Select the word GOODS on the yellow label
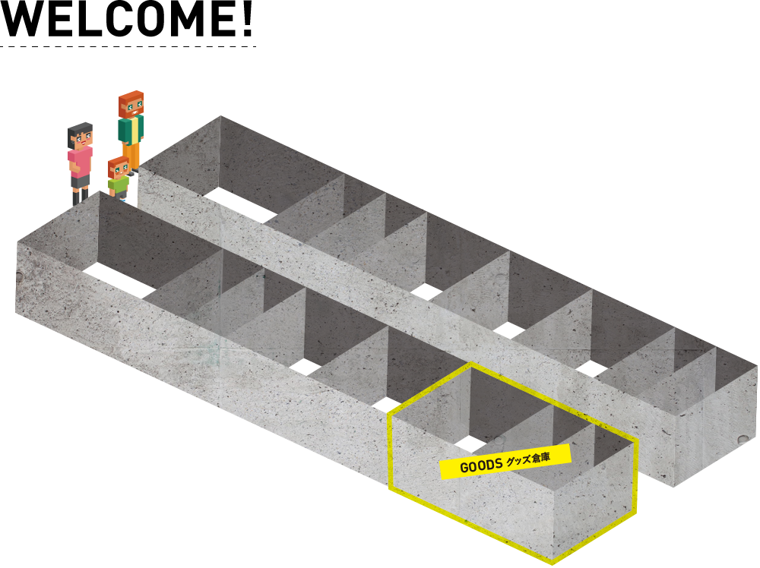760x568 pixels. (481, 465)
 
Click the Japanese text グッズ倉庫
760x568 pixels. (528, 459)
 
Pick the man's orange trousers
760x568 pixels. (131, 156)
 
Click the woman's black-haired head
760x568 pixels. (80, 136)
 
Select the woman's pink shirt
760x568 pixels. (80, 162)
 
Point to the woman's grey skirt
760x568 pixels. (81, 181)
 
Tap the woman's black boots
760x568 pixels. (81, 196)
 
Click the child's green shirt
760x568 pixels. (119, 185)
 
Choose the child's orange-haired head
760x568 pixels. (119, 168)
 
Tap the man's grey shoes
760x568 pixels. (131, 172)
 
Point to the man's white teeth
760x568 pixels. (134, 111)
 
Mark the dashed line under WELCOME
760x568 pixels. (128, 46)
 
